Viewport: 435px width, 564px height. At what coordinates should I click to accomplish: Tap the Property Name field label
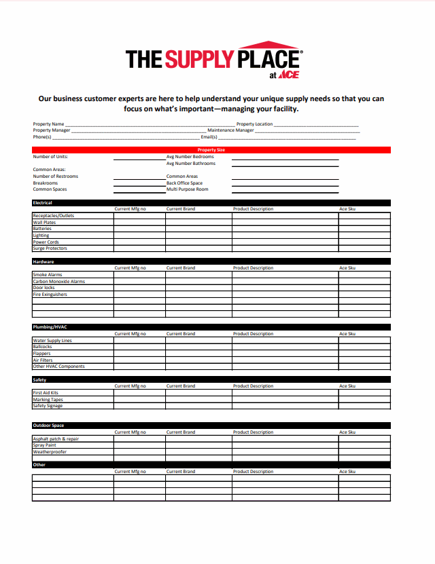pos(48,124)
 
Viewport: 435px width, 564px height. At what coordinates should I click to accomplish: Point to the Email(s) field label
pos(209,137)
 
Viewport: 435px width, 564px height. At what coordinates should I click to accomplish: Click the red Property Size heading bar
pos(211,150)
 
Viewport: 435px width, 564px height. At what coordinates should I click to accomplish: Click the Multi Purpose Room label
pos(187,189)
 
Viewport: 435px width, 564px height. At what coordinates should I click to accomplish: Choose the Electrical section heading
pos(43,203)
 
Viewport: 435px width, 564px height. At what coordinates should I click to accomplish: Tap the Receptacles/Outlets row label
pos(54,216)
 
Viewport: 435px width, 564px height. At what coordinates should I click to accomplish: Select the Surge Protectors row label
pos(50,248)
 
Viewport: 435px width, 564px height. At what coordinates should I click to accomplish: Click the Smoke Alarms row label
pos(48,275)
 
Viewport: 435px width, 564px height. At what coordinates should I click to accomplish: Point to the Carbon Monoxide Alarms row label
pos(59,281)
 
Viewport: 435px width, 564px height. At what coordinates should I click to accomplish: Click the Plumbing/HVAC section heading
pos(50,327)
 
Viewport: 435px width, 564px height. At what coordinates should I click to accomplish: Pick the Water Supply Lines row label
pos(52,341)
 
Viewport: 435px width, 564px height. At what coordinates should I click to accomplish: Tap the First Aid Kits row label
pos(46,393)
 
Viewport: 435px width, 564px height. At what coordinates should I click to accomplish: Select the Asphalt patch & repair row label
pos(56,439)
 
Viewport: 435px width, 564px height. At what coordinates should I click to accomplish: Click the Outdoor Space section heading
pos(48,426)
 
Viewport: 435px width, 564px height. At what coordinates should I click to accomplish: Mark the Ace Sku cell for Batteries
pos(364,229)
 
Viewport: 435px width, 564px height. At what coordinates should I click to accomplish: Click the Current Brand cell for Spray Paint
pos(198,445)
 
